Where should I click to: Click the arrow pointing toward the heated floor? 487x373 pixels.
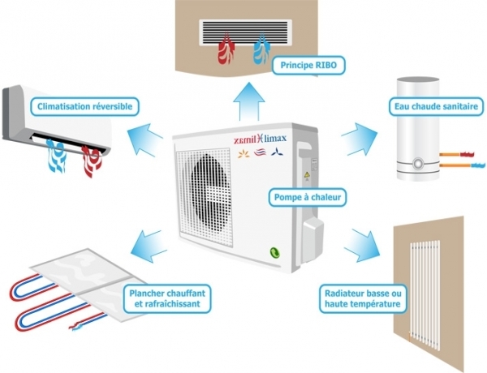pyautogui.click(x=149, y=240)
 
